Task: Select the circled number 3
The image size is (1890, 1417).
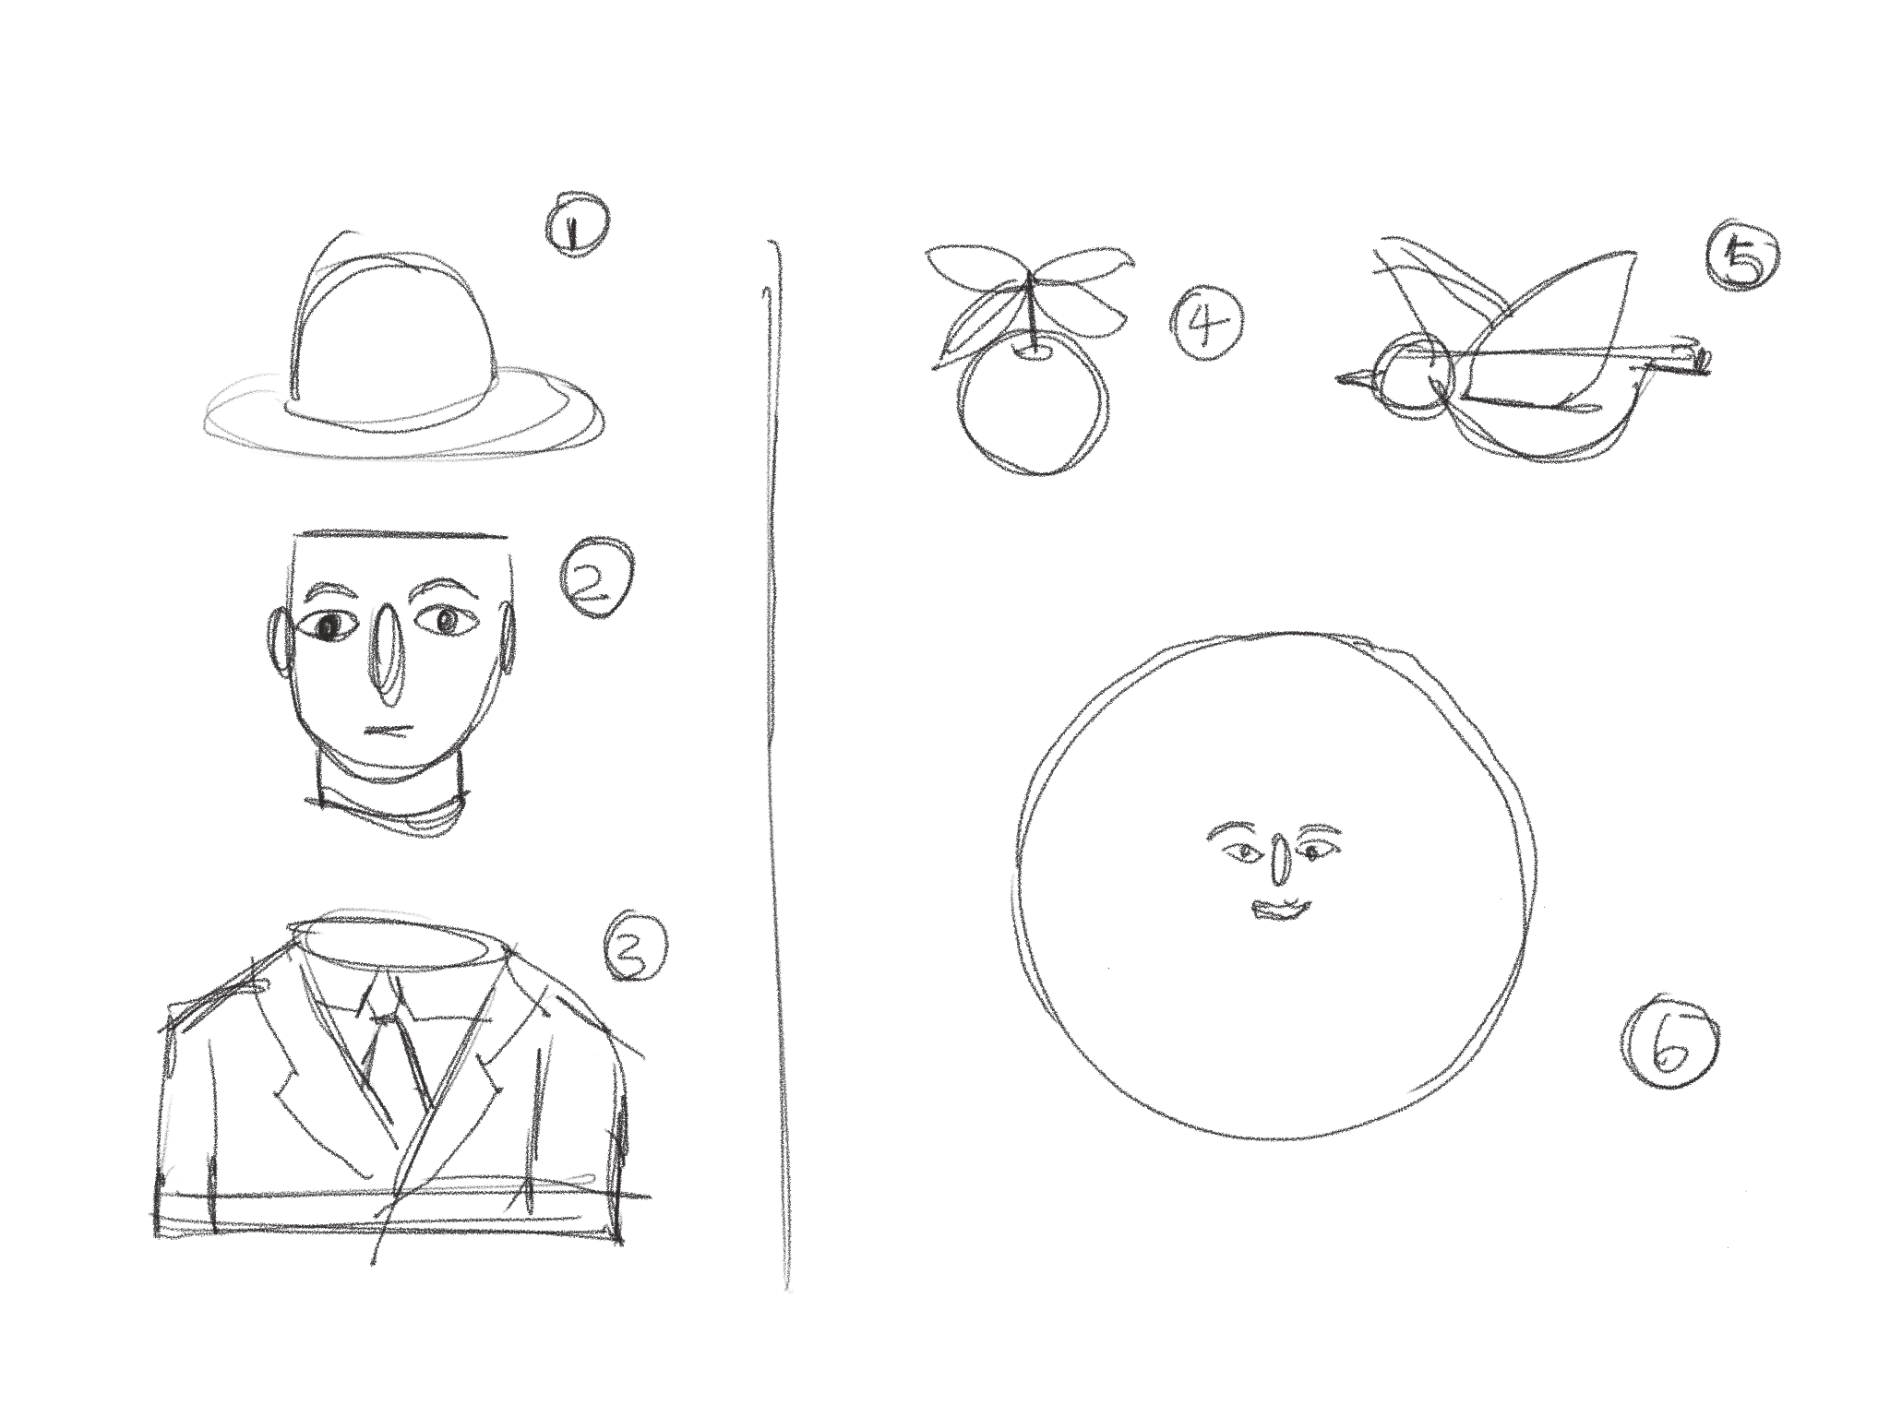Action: (x=633, y=949)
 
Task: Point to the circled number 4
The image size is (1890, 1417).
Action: (x=1210, y=327)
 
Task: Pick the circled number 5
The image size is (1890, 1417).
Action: (x=1742, y=259)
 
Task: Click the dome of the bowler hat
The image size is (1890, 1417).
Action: (x=396, y=337)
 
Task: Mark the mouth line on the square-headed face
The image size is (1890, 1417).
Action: (x=387, y=731)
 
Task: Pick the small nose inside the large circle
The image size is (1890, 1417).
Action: (x=1279, y=860)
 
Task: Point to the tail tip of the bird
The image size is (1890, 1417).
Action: (x=1704, y=361)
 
